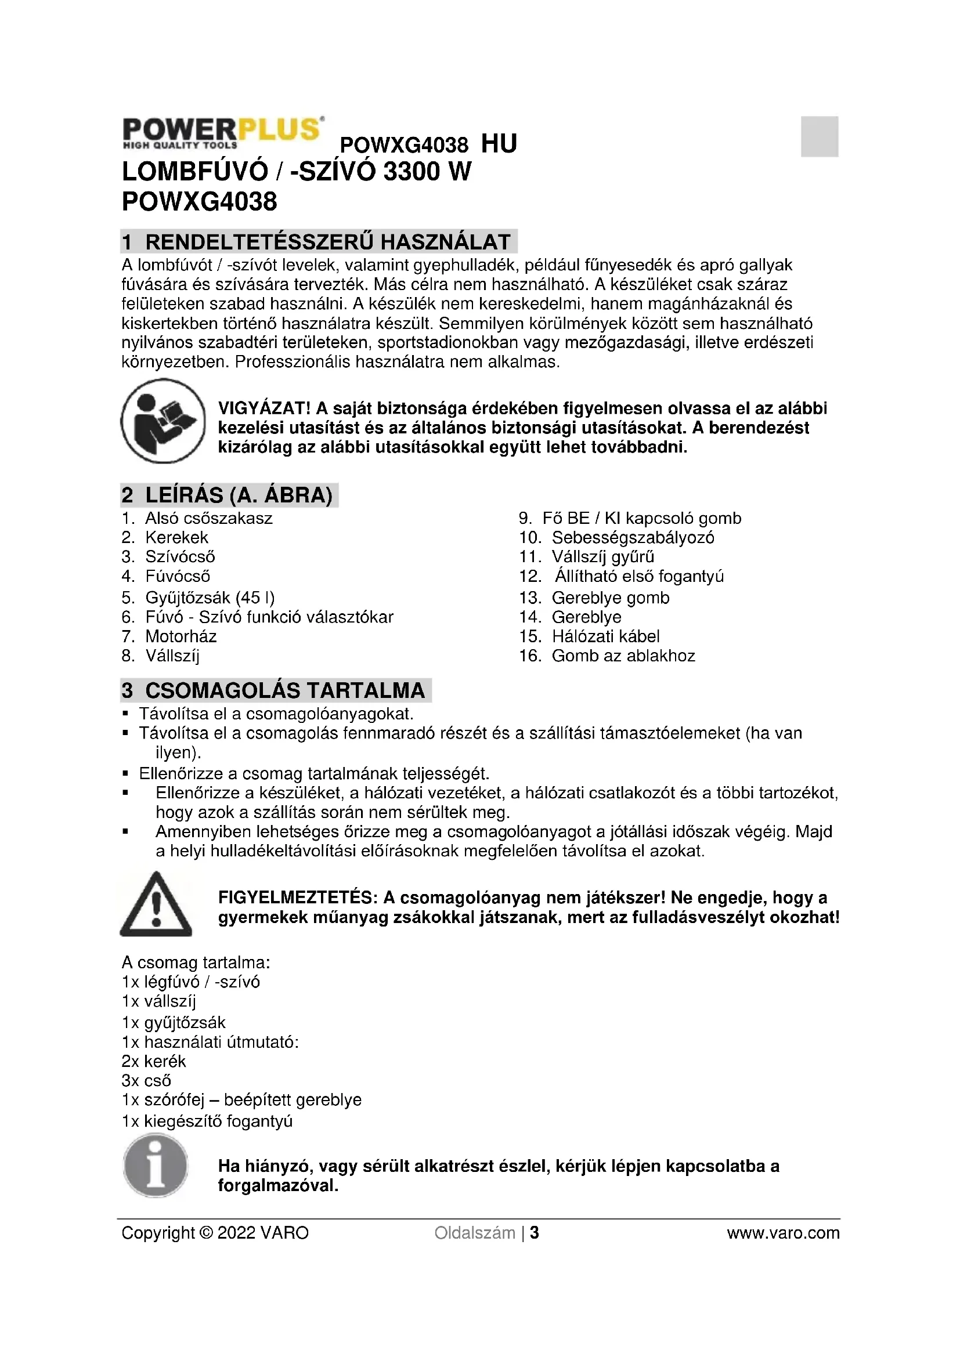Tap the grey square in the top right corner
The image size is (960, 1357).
click(820, 136)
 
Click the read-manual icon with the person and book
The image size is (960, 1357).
click(163, 421)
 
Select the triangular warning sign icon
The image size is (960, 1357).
click(156, 905)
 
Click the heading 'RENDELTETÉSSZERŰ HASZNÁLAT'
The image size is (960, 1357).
click(327, 242)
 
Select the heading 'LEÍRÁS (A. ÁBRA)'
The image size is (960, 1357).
click(239, 495)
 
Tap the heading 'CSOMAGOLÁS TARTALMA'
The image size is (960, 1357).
click(285, 690)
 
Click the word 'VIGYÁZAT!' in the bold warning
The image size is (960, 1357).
click(264, 408)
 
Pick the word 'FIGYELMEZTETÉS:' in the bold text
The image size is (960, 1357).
click(297, 898)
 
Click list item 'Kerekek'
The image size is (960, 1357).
click(177, 538)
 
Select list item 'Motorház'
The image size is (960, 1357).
click(181, 636)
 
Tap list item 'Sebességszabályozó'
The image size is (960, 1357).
click(633, 538)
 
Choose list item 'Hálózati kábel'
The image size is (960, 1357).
click(605, 636)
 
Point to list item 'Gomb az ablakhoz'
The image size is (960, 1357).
click(623, 656)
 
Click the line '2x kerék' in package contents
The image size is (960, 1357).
click(154, 1062)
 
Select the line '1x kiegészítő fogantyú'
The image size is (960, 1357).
click(207, 1121)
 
